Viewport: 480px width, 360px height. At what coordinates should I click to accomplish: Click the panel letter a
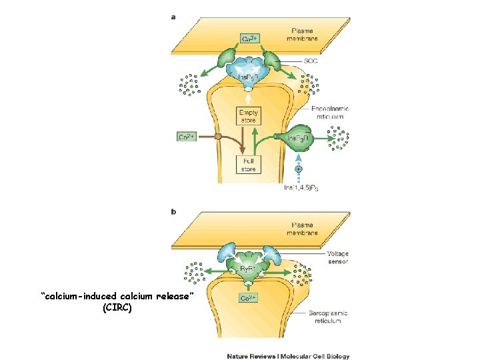175,18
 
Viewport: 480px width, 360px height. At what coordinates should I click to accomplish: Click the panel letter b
175,213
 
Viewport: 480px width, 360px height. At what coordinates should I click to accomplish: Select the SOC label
311,61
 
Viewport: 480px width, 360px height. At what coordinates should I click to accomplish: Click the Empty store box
248,116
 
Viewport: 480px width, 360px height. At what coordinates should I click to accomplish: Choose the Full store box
248,165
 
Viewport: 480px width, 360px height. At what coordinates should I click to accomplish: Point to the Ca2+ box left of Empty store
187,137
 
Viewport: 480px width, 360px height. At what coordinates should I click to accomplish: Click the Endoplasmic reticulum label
329,112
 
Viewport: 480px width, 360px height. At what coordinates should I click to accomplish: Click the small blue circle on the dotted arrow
298,169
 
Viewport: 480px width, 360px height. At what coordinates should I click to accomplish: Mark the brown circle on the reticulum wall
217,137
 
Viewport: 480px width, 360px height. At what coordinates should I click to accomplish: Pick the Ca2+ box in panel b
248,298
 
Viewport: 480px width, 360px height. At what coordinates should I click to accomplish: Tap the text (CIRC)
117,309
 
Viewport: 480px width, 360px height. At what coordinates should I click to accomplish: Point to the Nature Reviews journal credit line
288,356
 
